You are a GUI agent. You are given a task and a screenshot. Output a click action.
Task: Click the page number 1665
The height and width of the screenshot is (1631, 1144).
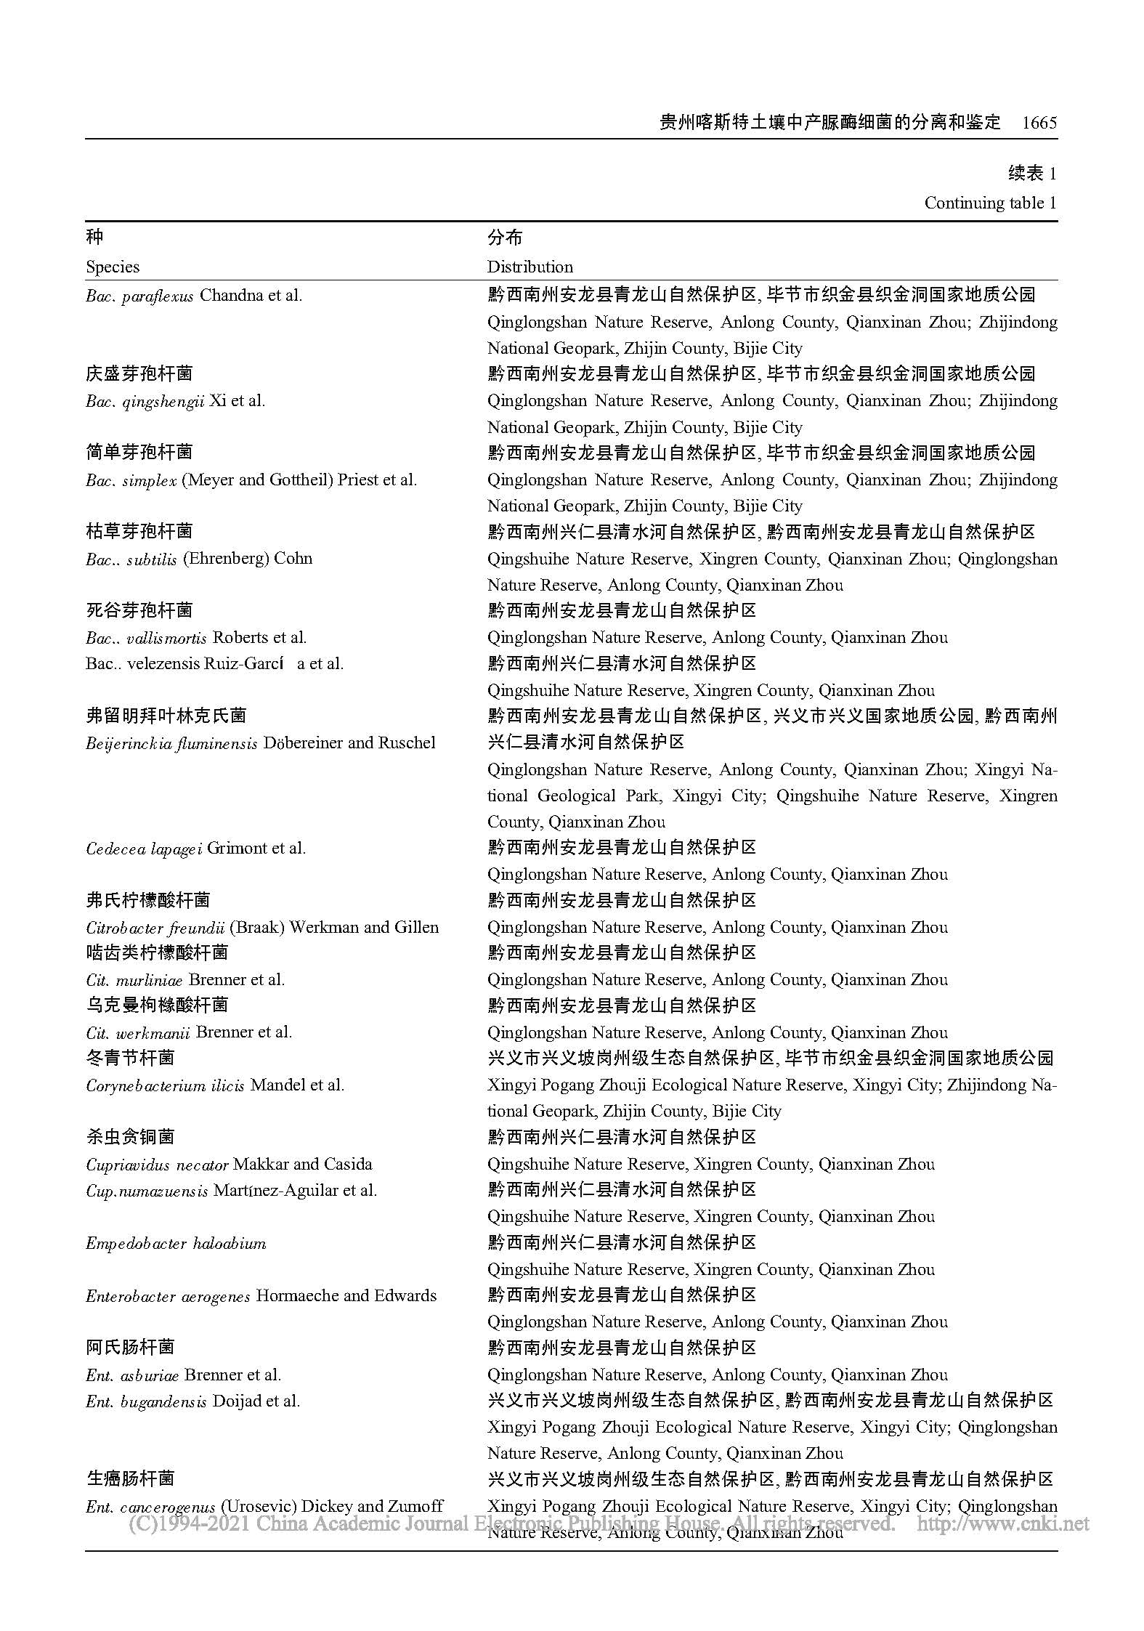(1039, 123)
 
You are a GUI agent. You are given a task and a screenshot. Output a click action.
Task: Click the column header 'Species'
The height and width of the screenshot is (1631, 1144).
(113, 267)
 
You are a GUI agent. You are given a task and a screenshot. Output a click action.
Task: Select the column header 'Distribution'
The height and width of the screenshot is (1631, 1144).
(530, 267)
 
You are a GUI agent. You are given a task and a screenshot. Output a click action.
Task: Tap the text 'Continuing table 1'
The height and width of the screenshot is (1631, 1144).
(990, 203)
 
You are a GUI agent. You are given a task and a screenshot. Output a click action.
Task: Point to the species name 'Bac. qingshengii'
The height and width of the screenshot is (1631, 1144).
(145, 401)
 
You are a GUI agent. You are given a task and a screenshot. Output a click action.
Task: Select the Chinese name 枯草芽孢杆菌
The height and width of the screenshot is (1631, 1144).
(139, 532)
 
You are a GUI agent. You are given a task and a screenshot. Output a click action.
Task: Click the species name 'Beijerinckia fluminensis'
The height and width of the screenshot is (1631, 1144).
(171, 743)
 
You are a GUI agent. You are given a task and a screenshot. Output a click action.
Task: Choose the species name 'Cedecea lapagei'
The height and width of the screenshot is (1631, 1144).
(144, 849)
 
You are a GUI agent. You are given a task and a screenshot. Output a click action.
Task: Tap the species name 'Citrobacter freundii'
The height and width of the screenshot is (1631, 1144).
(155, 928)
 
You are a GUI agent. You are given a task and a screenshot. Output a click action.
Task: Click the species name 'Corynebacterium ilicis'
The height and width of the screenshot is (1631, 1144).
(165, 1085)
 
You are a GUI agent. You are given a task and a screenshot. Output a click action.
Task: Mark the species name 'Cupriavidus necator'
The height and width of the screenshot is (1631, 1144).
(157, 1165)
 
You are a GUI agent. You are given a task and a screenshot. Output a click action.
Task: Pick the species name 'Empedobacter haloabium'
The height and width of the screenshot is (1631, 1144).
(176, 1243)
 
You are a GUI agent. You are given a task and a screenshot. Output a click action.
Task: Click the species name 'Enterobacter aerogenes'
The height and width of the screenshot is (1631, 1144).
(168, 1296)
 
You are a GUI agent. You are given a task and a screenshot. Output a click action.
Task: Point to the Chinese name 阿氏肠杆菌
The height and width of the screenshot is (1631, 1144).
(131, 1348)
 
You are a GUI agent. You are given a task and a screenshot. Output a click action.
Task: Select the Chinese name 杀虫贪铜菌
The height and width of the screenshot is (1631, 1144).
(131, 1137)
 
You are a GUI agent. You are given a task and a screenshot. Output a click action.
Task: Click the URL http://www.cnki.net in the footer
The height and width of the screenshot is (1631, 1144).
(1003, 1522)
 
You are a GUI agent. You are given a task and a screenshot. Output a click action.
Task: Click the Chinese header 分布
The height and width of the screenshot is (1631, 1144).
(505, 238)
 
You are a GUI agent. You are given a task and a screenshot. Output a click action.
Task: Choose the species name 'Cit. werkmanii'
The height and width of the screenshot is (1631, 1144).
(138, 1032)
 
